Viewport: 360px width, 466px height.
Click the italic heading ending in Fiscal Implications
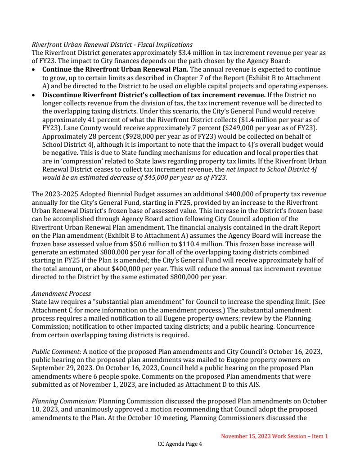(112, 45)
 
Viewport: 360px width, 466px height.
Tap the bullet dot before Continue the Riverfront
(34, 70)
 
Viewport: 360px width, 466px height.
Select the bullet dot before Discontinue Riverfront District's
(34, 95)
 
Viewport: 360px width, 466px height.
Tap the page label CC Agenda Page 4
(180, 444)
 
